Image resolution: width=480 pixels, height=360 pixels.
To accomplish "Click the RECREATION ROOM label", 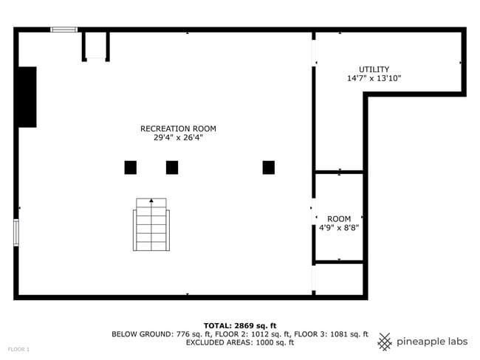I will pos(178,128).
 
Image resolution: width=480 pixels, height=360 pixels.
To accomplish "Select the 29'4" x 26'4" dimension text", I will pos(178,137).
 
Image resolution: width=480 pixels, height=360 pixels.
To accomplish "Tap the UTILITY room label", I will pos(374,69).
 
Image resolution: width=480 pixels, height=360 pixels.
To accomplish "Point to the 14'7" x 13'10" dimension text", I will pos(374,78).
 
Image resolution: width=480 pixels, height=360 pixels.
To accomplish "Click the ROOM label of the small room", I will pos(339,219).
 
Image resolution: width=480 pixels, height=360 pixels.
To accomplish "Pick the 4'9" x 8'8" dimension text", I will pos(339,228).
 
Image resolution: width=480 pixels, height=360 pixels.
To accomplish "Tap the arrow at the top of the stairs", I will pos(151,200).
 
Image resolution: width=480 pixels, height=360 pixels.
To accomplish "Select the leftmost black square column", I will pos(131,167).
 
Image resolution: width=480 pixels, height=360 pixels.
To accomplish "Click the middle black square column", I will pos(172,167).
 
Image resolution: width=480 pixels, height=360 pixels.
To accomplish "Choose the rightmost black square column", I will pos(269,167).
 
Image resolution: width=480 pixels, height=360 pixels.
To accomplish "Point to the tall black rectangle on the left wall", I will pos(27,97).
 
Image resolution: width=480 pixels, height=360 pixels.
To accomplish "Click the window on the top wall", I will pos(64,30).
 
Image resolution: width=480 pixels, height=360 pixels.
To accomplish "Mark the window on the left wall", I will pos(16,232).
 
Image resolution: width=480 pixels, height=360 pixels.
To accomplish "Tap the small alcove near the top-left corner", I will pos(96,46).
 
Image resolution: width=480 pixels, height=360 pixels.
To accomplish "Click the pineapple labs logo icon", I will pos(385,342).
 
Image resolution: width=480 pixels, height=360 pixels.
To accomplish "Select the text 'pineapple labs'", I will pos(432,342).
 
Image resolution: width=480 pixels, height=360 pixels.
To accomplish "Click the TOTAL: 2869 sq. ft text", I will pos(240,325).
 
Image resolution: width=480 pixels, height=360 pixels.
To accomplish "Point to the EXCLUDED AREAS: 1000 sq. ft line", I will pos(240,342).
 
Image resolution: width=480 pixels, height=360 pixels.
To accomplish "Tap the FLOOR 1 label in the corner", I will pos(19,349).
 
